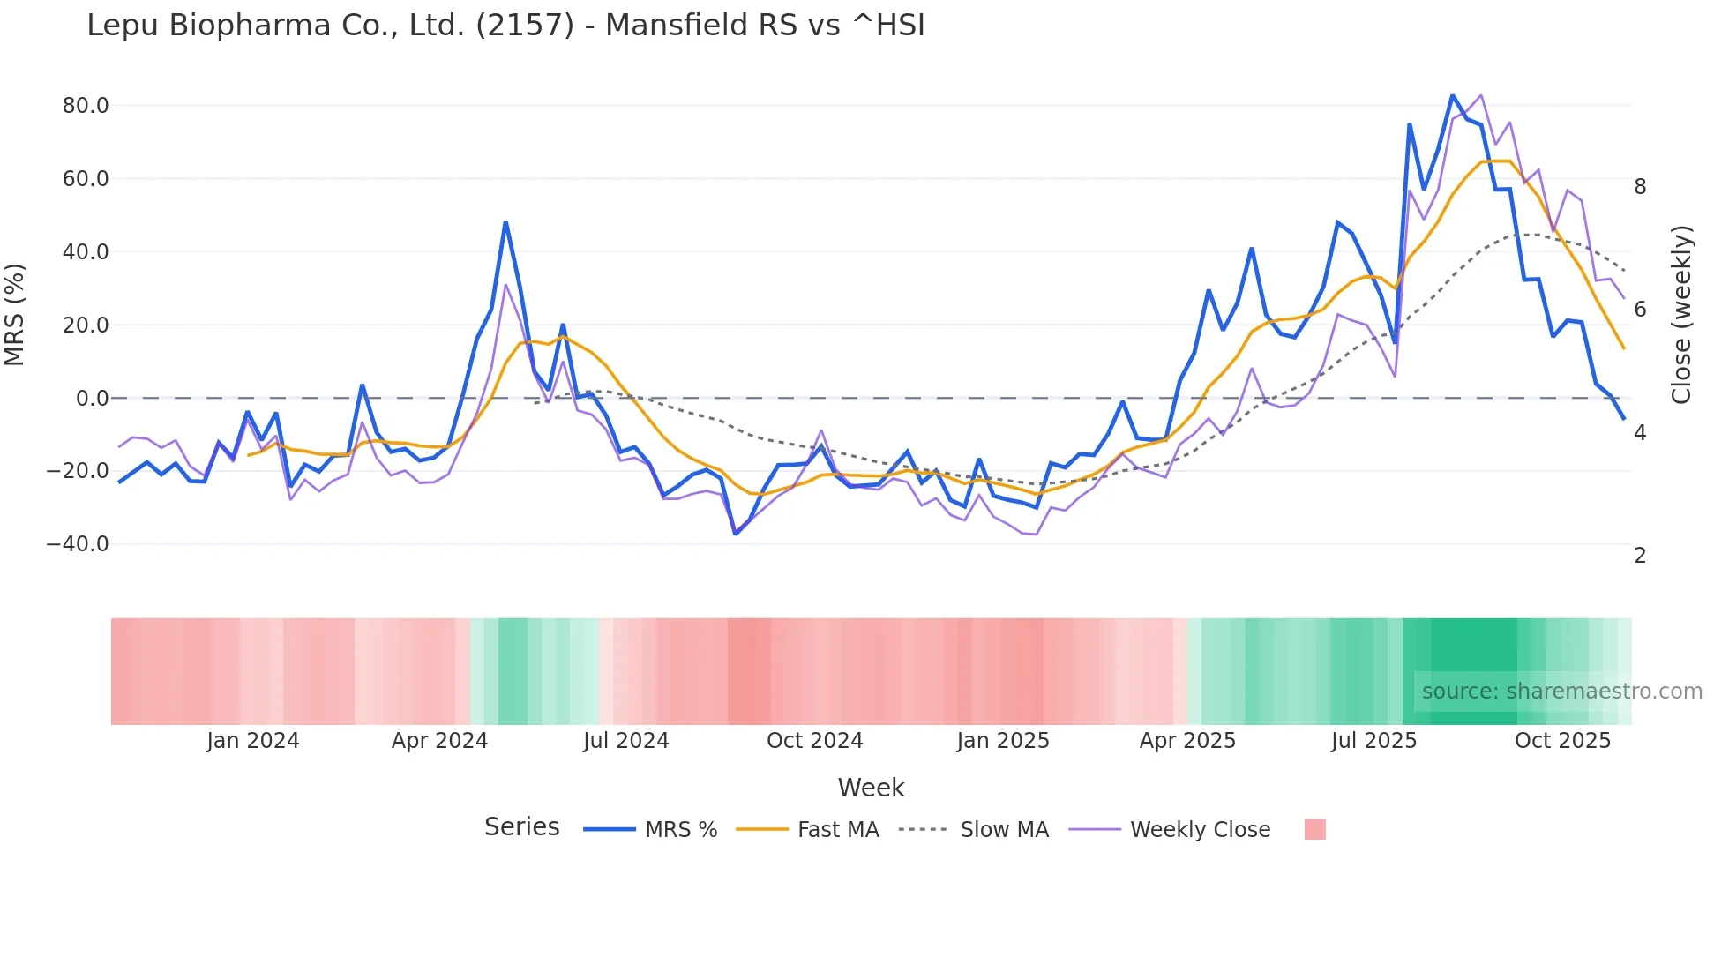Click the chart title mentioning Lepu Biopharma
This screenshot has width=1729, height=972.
[x=505, y=26]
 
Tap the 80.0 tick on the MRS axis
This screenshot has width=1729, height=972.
[x=86, y=106]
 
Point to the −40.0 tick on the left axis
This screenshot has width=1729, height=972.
[x=78, y=544]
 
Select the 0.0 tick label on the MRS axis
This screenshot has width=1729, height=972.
[x=92, y=399]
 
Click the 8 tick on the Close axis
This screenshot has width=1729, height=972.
[x=1640, y=187]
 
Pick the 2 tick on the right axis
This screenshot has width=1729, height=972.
[x=1640, y=556]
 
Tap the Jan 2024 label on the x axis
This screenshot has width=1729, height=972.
[x=253, y=741]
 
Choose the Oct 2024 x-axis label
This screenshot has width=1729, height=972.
[x=814, y=741]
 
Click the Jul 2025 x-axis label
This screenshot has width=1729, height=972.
[x=1373, y=741]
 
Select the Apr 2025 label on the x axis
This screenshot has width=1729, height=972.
[x=1187, y=741]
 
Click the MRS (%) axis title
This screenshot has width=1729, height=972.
[x=15, y=314]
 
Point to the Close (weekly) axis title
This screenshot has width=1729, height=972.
[x=1681, y=314]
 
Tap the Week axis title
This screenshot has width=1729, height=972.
[x=871, y=788]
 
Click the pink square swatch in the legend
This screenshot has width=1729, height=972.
[x=1314, y=829]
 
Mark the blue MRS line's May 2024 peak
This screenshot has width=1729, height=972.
[x=505, y=221]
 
